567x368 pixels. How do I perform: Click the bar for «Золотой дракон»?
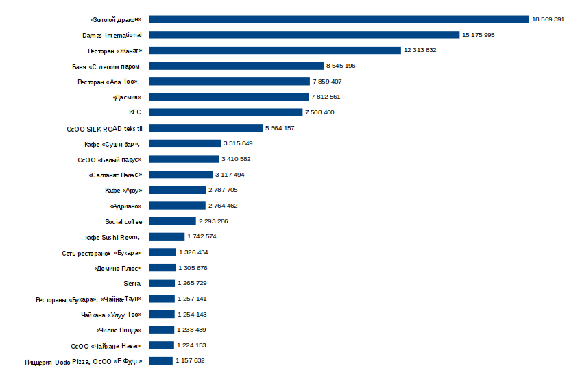click(339, 19)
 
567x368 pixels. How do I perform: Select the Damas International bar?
click(304, 35)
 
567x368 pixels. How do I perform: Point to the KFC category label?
click(134, 112)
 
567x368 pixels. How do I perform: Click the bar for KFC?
click(226, 112)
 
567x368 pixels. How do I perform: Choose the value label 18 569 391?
click(548, 19)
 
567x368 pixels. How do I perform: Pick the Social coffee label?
click(123, 221)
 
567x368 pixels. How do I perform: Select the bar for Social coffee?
click(172, 221)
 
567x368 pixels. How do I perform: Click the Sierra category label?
click(132, 283)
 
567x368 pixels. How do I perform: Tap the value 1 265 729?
click(192, 283)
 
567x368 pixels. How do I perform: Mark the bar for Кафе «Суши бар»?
click(184, 143)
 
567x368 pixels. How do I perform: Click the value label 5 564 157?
click(279, 128)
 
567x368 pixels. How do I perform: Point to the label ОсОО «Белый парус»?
click(110, 159)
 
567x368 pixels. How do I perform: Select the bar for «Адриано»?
click(177, 206)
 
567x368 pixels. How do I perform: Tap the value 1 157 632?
click(190, 360)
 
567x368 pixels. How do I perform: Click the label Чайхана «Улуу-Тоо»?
click(111, 315)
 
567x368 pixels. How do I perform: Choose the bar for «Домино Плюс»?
click(162, 268)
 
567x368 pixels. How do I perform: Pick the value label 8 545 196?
click(341, 66)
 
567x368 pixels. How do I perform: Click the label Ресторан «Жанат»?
click(114, 51)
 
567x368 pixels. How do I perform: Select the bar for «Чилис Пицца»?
click(161, 330)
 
